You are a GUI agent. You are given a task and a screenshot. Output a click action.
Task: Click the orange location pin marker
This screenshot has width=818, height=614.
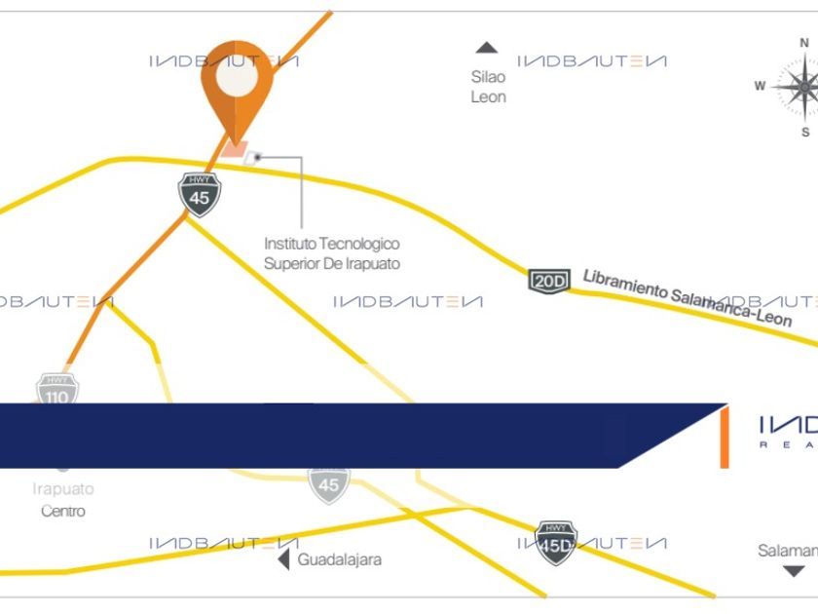tap(237, 93)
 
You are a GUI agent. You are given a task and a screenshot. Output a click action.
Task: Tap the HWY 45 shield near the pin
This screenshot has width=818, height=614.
tap(200, 193)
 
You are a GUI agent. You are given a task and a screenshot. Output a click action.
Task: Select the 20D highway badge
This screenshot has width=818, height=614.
tap(548, 281)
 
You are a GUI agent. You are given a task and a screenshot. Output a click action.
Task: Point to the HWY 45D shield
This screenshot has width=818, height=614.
tap(556, 542)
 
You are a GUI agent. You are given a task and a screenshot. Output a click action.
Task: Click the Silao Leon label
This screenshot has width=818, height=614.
tap(488, 87)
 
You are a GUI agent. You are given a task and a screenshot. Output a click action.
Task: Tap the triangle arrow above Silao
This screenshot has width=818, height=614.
tap(486, 48)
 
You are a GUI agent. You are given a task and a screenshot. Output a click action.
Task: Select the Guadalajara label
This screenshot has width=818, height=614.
tap(340, 560)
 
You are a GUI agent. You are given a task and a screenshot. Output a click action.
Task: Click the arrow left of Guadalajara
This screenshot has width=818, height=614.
tap(283, 560)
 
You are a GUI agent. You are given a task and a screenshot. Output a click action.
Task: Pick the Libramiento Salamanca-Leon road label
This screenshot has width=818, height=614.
tap(688, 296)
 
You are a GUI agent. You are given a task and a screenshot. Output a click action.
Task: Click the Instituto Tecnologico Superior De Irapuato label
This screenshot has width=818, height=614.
tap(332, 253)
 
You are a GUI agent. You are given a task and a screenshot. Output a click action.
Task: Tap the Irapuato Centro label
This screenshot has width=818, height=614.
tap(63, 500)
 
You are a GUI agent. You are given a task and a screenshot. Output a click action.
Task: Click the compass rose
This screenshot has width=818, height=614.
tap(803, 87)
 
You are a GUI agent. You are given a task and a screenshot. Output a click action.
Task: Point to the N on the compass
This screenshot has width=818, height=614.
tap(804, 43)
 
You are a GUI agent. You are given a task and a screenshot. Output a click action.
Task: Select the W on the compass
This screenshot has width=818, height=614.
tap(760, 86)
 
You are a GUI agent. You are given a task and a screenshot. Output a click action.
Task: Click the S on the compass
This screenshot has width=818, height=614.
tap(805, 132)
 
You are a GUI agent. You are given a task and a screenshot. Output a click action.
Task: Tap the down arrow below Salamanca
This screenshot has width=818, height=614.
tap(795, 571)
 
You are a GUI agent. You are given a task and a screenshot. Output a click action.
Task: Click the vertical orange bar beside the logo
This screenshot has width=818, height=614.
tap(724, 438)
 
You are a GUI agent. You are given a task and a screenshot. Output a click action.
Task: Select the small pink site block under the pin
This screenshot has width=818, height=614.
tap(234, 149)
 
